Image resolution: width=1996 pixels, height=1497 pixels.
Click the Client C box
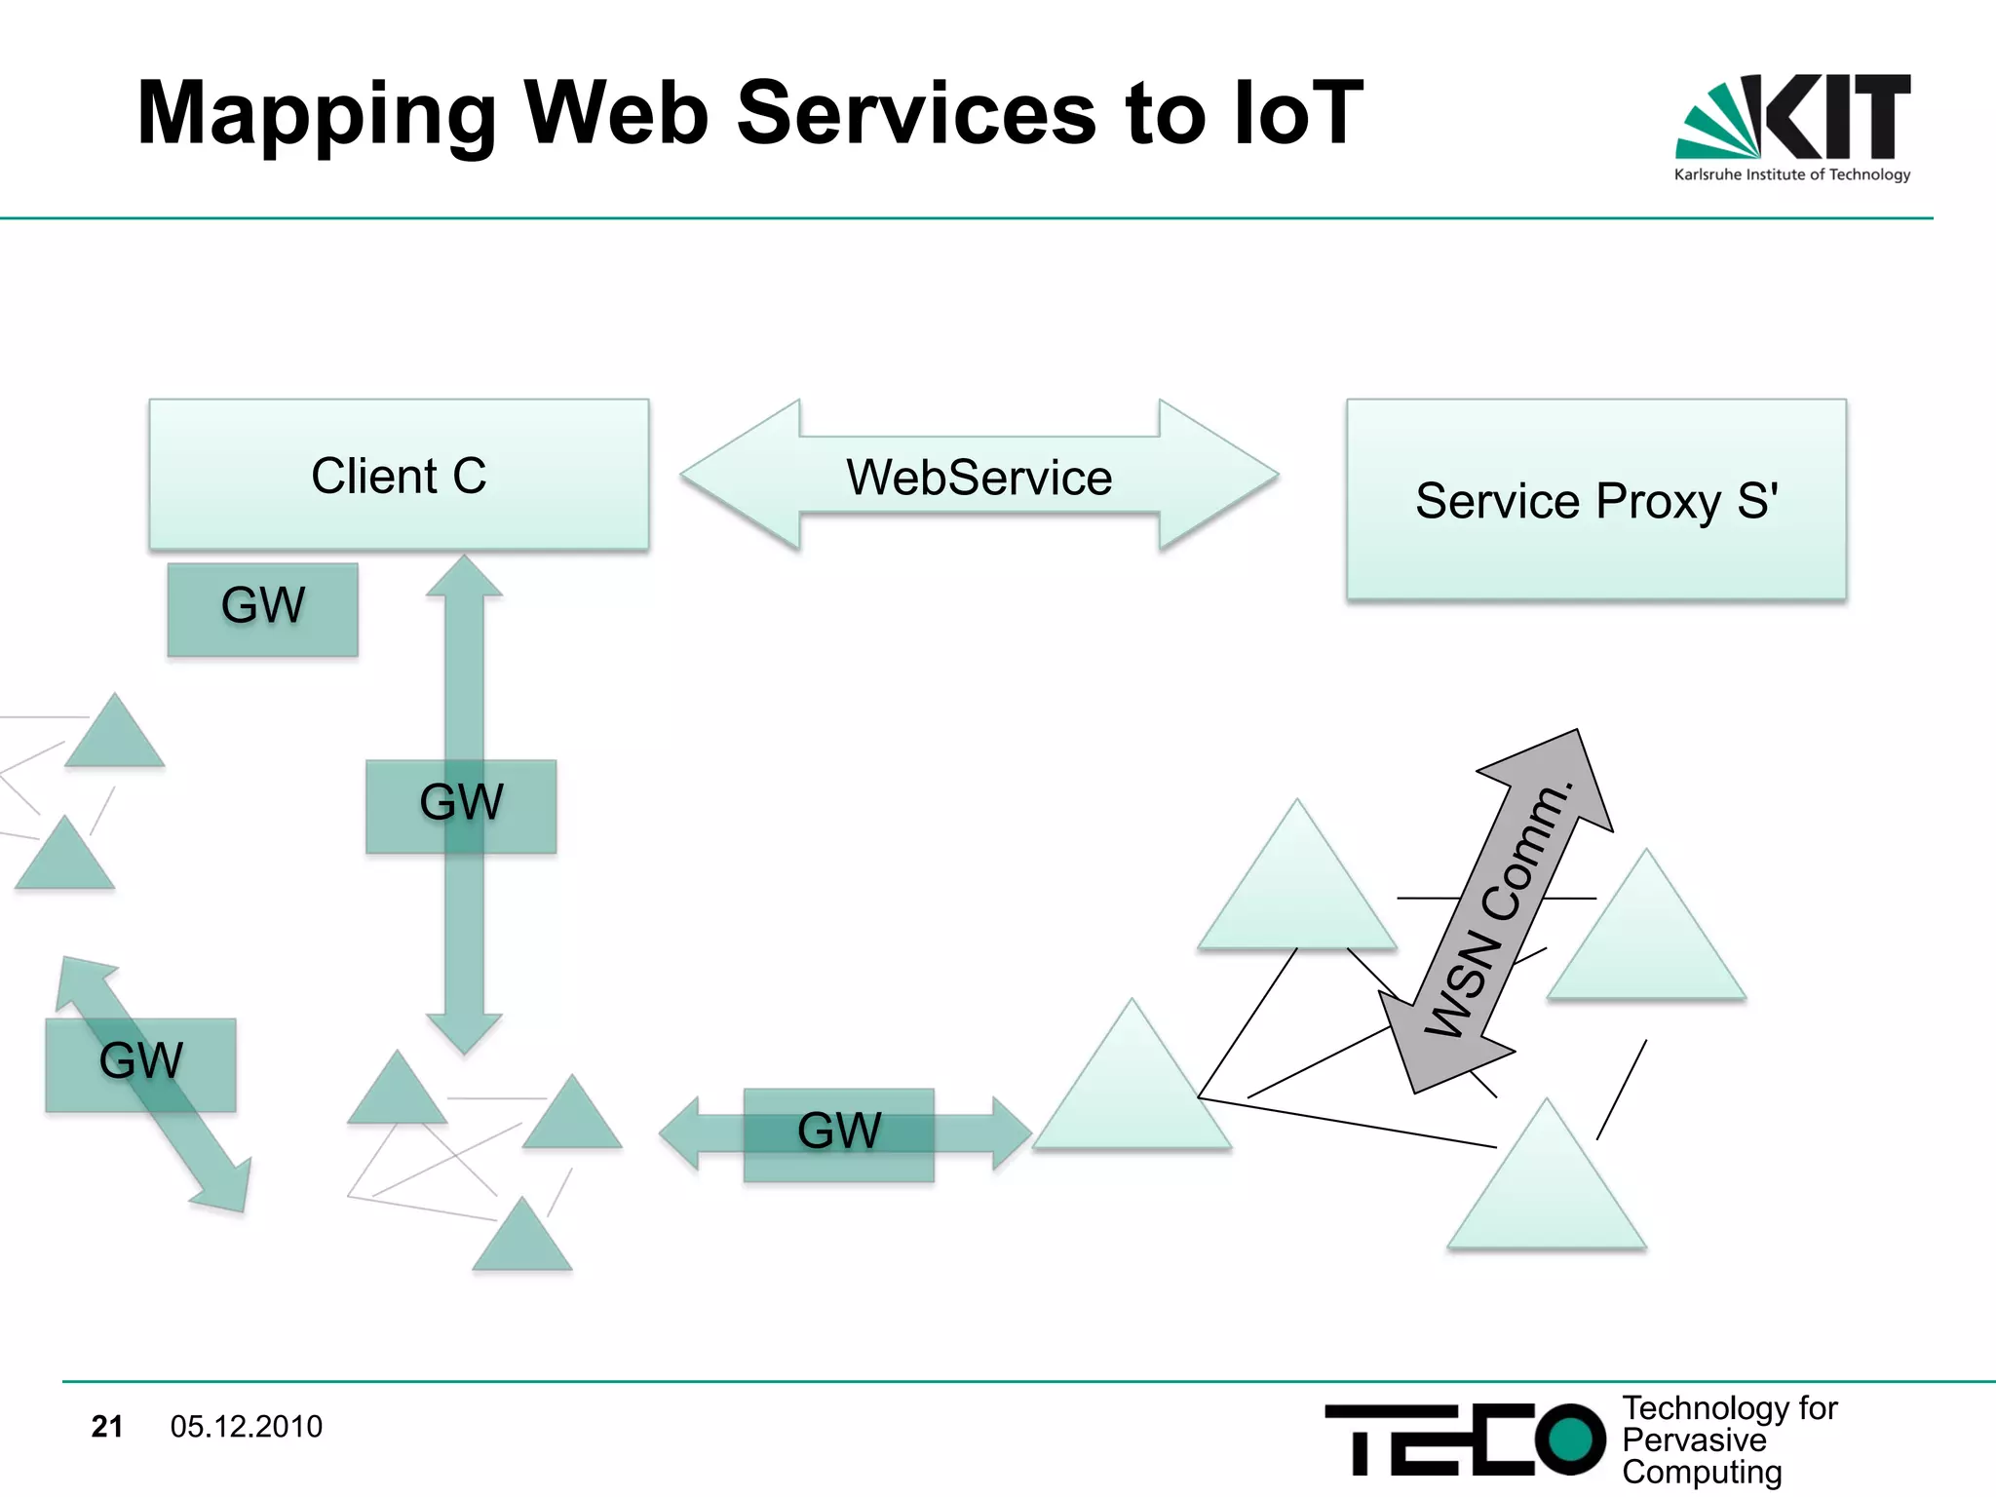(399, 475)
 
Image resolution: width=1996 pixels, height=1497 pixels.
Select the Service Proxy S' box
(1595, 499)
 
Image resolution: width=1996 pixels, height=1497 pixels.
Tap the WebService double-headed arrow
(979, 477)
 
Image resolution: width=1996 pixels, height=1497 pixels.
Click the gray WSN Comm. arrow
(1496, 911)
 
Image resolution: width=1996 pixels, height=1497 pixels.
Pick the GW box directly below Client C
(262, 609)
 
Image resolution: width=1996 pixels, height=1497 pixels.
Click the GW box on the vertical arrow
(461, 806)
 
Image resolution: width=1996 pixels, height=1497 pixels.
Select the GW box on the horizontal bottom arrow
(838, 1134)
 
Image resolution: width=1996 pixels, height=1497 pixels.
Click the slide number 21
(106, 1426)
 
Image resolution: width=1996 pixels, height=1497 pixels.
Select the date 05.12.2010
(246, 1426)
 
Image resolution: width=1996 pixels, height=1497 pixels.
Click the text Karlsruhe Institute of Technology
(1791, 174)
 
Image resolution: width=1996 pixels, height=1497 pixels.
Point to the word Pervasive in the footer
(1693, 1439)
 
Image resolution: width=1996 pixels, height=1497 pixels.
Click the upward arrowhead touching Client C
(465, 576)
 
